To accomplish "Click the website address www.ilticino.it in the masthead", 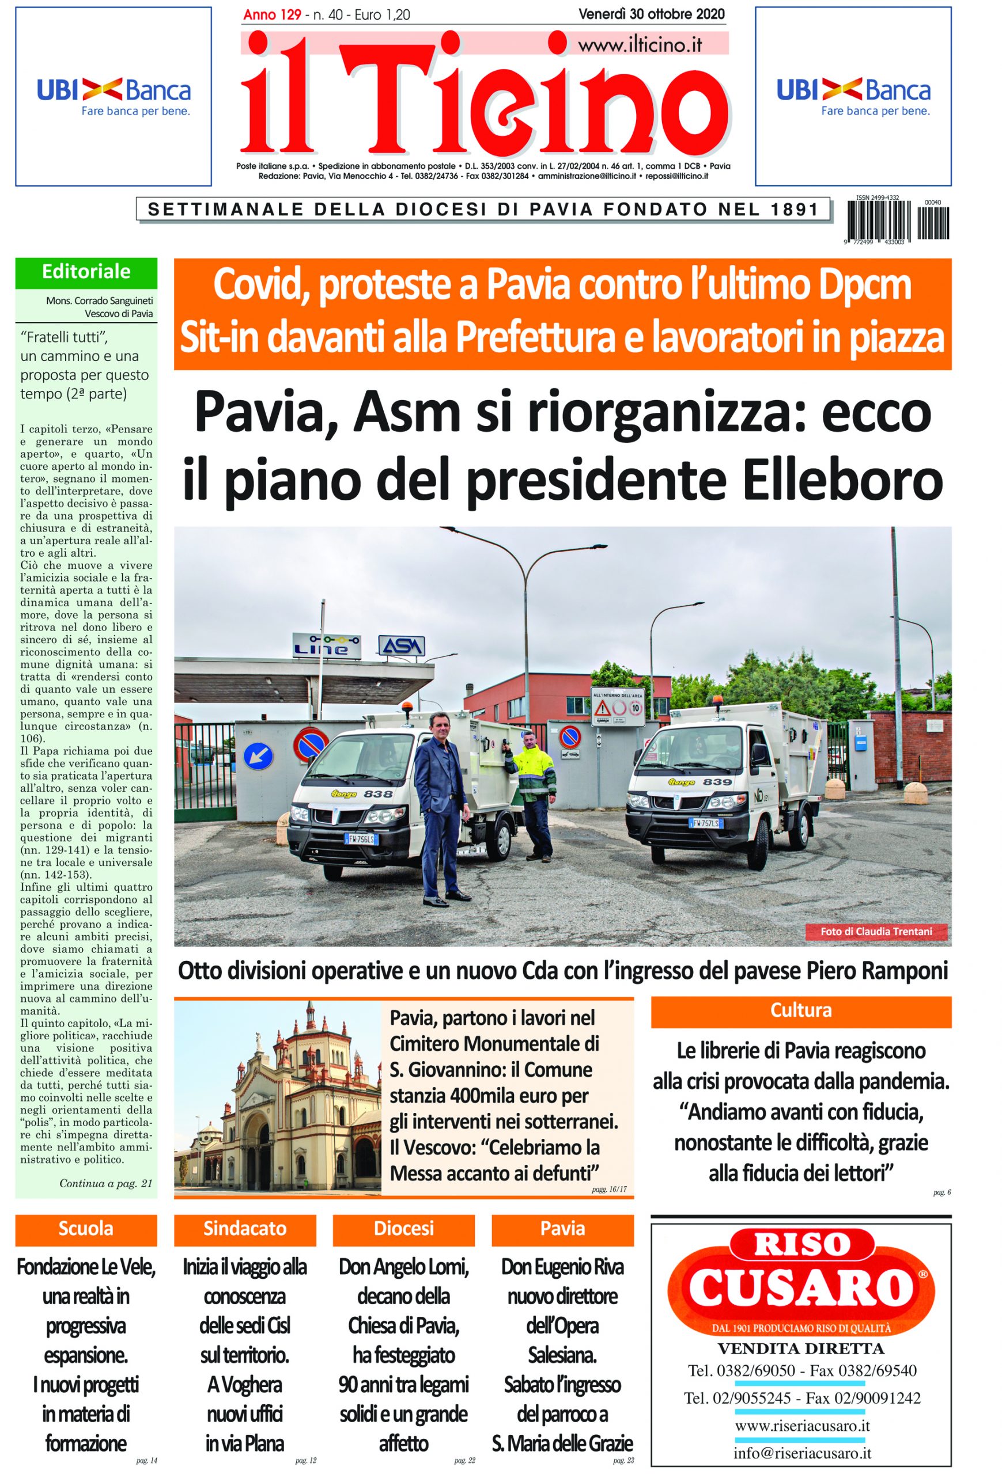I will (640, 45).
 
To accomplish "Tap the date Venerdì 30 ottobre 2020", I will (652, 14).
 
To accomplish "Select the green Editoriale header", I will (86, 272).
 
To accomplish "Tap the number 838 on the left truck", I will (379, 793).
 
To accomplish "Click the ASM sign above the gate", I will (401, 645).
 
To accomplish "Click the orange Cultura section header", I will (800, 1010).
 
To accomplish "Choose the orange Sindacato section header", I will (245, 1229).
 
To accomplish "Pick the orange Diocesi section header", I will (403, 1229).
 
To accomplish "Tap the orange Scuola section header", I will (86, 1229).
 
